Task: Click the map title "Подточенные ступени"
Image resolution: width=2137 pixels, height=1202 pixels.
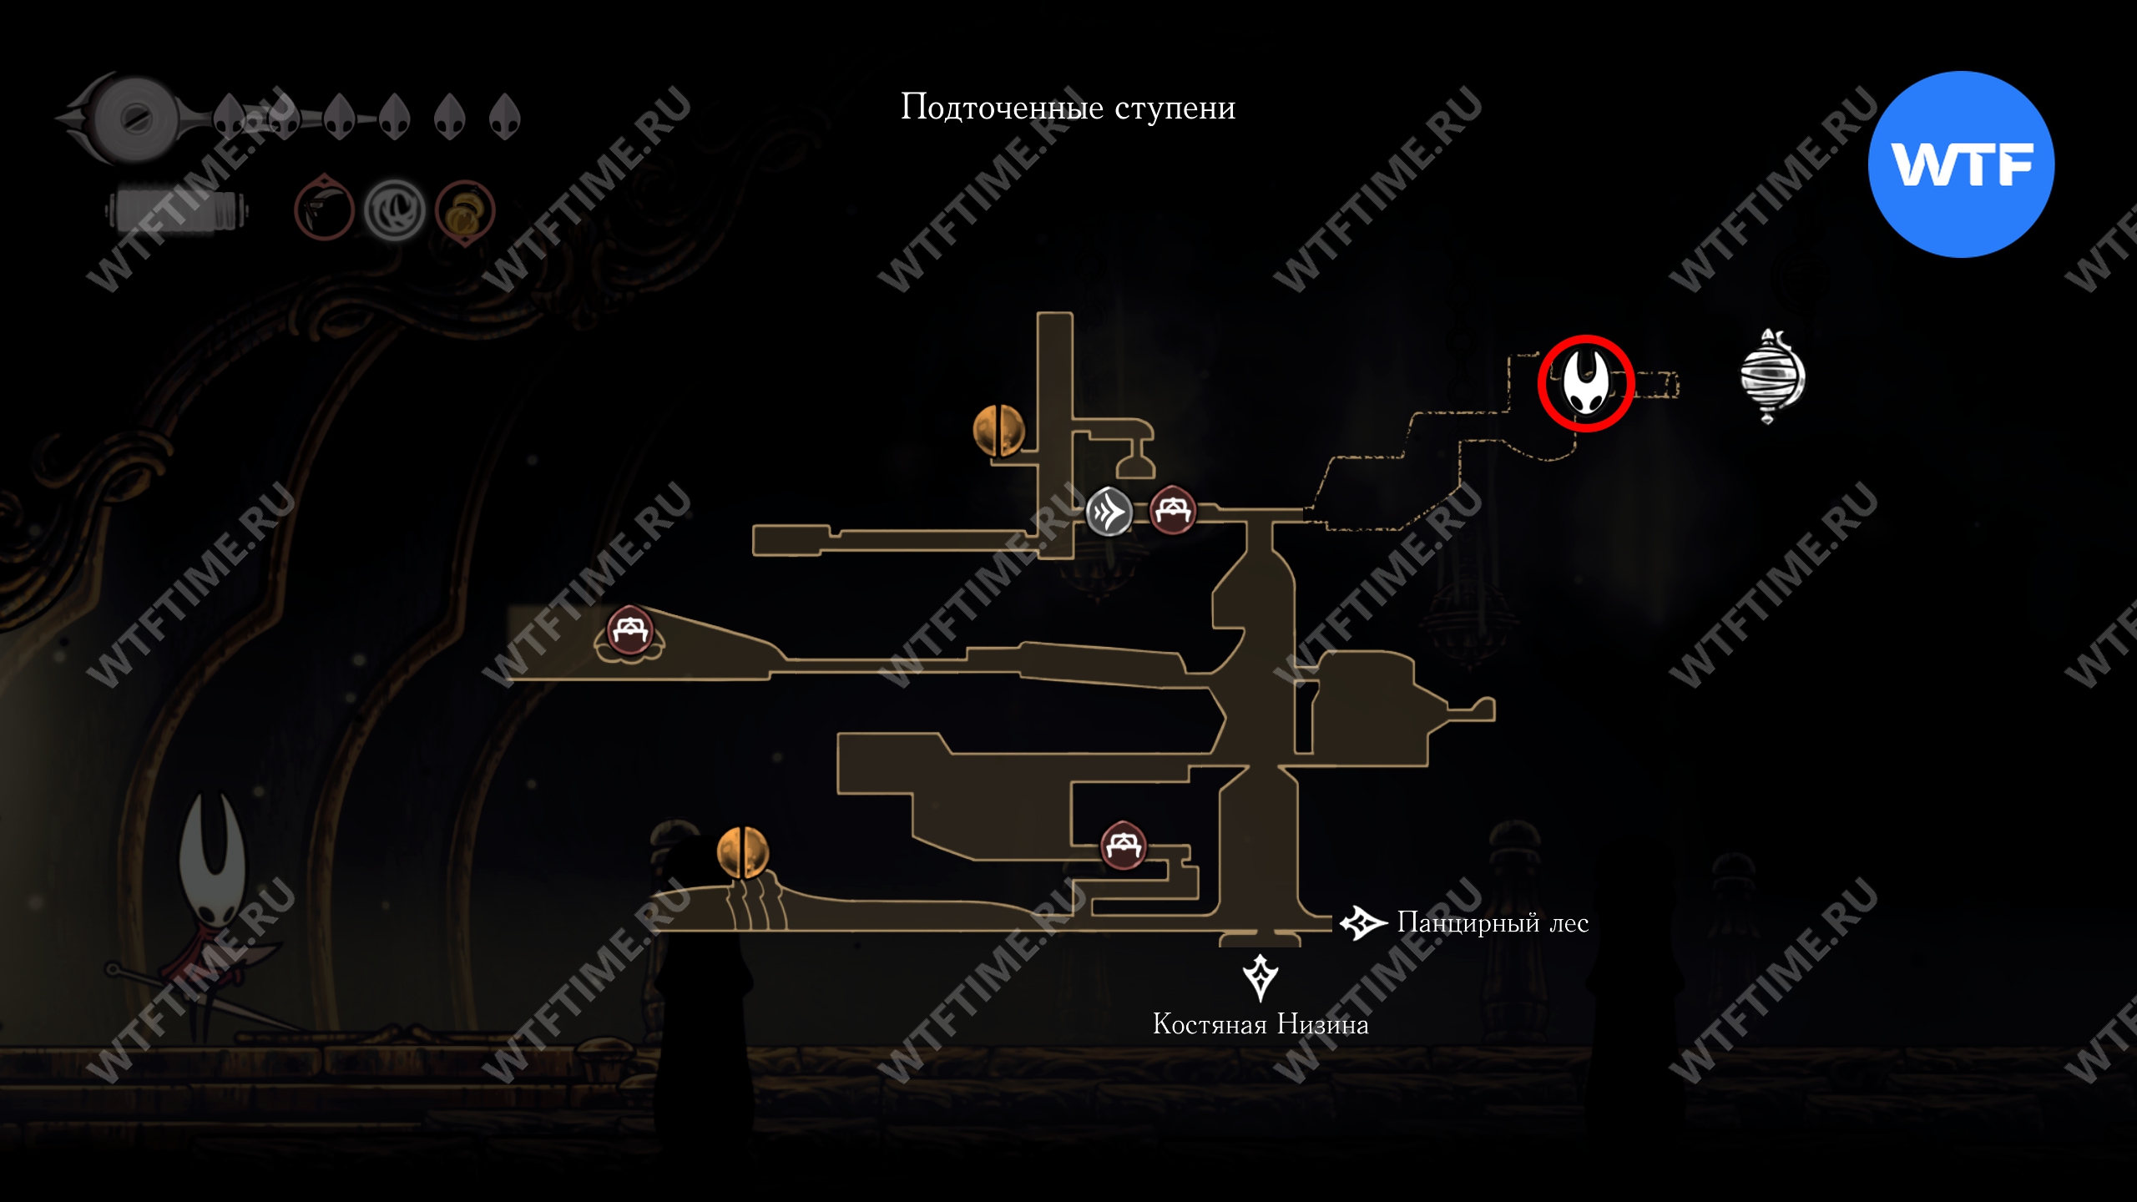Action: pos(1068,108)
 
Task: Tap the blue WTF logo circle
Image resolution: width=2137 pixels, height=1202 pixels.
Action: pos(1961,164)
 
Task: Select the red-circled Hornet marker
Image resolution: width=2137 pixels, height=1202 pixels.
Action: pos(1585,383)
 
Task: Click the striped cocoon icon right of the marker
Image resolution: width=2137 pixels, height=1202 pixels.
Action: pos(1771,376)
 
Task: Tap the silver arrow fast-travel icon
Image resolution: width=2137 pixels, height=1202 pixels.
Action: pos(1109,511)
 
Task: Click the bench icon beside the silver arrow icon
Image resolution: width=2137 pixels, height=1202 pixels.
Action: pos(1173,509)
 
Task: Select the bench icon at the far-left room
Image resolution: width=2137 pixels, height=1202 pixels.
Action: pos(629,632)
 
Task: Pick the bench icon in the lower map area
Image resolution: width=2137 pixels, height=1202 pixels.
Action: pos(1123,846)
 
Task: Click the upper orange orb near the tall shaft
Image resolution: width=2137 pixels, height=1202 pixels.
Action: pos(998,431)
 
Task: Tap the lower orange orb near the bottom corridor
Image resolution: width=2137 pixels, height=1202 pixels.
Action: pos(742,852)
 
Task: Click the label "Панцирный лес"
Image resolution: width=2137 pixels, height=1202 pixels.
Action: pos(1493,923)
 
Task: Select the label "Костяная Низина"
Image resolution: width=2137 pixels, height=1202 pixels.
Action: pos(1260,1024)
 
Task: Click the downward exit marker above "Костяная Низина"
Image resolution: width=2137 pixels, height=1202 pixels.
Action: pos(1260,976)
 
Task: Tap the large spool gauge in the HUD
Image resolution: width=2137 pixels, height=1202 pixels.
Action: pos(134,119)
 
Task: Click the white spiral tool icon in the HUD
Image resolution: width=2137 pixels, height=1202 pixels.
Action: pos(395,210)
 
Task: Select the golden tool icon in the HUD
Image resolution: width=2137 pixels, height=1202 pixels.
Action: pos(465,212)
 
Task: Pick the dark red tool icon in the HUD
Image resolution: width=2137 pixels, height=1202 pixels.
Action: pos(324,210)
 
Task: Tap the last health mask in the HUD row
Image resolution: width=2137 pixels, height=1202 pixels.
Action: pos(505,117)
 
